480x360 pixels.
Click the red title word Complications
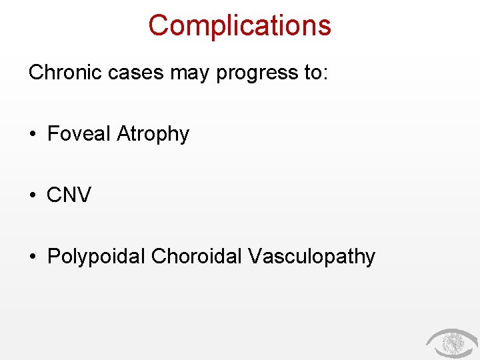tap(239, 25)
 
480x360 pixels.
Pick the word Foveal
tap(79, 133)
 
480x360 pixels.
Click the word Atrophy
tap(153, 135)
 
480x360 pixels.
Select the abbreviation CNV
tap(69, 195)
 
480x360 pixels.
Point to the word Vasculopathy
tap(311, 257)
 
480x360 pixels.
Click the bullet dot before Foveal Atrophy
tap(33, 135)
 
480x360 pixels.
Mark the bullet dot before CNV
tap(33, 196)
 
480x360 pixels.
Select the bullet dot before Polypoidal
tap(33, 257)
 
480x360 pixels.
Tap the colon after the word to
tap(325, 74)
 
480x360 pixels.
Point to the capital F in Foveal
tap(53, 133)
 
